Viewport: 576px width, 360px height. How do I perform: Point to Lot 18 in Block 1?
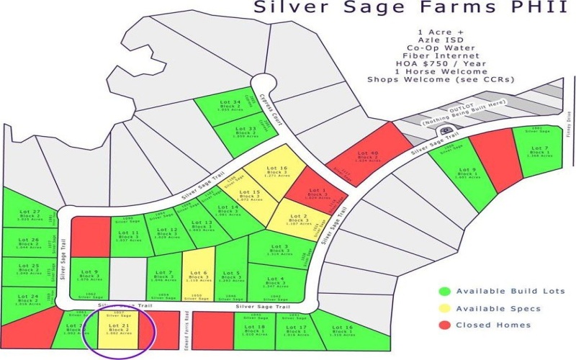260,330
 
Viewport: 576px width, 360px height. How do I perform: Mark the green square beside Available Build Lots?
444,292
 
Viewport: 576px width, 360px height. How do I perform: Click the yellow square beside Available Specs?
444,309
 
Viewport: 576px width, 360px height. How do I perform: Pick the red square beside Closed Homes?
444,325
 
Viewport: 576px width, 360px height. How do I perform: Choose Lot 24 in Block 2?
27,299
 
